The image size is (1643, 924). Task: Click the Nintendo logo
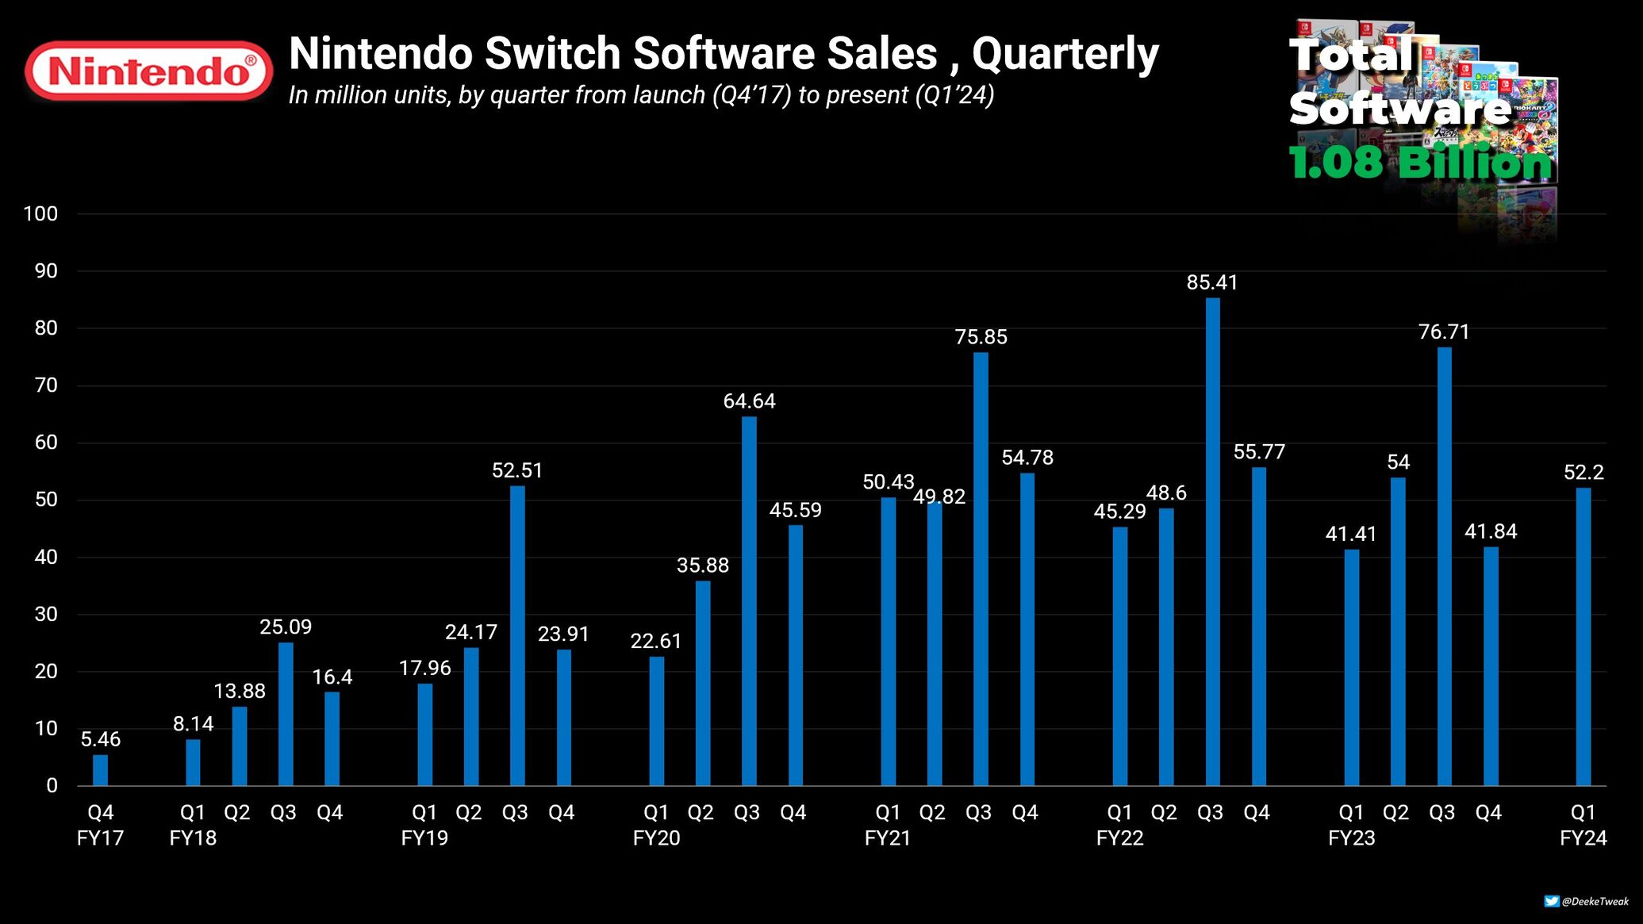(x=148, y=71)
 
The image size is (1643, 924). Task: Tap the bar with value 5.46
(x=100, y=770)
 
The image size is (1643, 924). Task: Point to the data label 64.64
(x=749, y=401)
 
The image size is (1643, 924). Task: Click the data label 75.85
(x=981, y=337)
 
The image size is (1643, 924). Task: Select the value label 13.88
(x=240, y=691)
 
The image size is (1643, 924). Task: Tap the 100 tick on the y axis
(x=40, y=213)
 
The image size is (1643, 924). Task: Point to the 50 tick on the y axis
(x=46, y=500)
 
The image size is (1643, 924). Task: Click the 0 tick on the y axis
(x=52, y=785)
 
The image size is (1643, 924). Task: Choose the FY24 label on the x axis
(x=1583, y=838)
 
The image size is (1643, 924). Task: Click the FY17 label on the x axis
(x=100, y=838)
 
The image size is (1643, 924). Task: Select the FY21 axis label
(x=888, y=838)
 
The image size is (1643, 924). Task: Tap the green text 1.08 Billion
(x=1420, y=163)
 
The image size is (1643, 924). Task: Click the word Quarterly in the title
(x=1065, y=54)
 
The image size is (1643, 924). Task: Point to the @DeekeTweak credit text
(x=1595, y=901)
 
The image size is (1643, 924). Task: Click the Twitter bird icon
(x=1551, y=901)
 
